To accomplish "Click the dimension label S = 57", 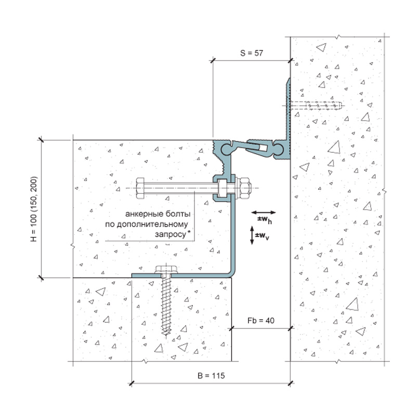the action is [252, 53].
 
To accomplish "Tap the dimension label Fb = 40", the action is [260, 320].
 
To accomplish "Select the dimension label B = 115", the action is [211, 376].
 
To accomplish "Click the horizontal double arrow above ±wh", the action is [264, 213].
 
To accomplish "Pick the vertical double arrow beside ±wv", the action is [252, 235].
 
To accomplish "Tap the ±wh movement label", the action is [265, 220].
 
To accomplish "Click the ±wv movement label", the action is [262, 236].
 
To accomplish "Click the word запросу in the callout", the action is [170, 234].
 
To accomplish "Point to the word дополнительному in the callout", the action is [146, 224].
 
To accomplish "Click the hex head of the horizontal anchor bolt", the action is [140, 188].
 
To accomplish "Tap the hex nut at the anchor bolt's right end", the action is [244, 188].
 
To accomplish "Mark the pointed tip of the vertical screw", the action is [166, 334].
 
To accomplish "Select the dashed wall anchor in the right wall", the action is [316, 106].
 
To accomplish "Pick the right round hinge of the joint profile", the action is [279, 149].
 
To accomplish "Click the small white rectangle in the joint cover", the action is [262, 148].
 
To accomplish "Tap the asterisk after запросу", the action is [189, 232].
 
